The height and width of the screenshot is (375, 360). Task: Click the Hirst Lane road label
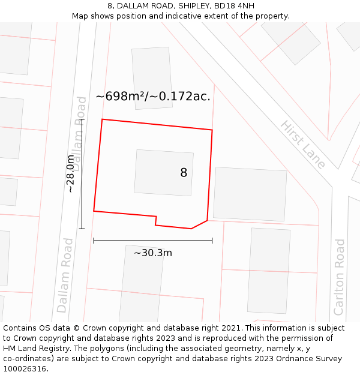(x=303, y=145)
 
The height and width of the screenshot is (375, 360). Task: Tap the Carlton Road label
(x=340, y=277)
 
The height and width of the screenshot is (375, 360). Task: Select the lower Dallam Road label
(x=65, y=275)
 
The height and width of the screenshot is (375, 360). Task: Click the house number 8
(x=184, y=173)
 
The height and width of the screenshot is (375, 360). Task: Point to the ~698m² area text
(x=122, y=96)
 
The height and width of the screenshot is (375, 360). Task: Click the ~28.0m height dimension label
(x=70, y=173)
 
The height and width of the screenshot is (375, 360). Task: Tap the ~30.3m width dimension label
(x=152, y=253)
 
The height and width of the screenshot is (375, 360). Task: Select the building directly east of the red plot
(x=250, y=194)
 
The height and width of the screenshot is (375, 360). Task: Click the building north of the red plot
(x=152, y=78)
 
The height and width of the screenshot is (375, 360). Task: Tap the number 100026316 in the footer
(x=25, y=368)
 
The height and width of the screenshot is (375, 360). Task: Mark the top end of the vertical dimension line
(x=82, y=119)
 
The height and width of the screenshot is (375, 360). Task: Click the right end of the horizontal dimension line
(x=212, y=241)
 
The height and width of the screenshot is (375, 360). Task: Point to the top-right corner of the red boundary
(x=212, y=130)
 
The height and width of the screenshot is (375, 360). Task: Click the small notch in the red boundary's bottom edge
(x=156, y=220)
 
